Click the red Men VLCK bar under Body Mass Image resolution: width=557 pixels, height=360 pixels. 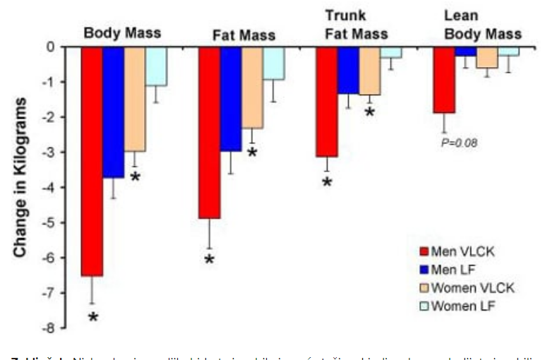(x=92, y=161)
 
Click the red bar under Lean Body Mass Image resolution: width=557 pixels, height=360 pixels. (x=443, y=79)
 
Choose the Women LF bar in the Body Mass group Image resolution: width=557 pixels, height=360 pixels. (x=156, y=66)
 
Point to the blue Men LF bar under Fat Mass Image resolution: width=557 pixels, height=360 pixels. (x=231, y=99)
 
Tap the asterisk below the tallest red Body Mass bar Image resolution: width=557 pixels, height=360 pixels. (x=92, y=317)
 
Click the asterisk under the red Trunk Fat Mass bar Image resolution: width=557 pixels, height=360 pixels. (x=327, y=182)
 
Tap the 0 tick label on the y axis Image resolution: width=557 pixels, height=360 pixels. (x=51, y=47)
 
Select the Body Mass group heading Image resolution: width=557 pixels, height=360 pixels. (x=122, y=32)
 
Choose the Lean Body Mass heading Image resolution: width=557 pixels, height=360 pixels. (x=482, y=25)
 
